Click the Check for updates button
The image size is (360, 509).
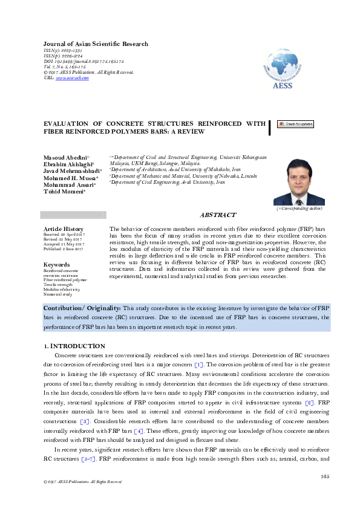coord(295,124)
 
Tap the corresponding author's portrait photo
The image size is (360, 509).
coord(299,182)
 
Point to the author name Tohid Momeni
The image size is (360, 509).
coord(64,192)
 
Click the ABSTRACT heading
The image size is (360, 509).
coord(218,215)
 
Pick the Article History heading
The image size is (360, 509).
coord(64,229)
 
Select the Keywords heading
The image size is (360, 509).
coord(57,265)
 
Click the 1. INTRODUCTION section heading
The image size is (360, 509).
coord(75,346)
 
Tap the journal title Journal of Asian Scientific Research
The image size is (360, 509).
coord(96,44)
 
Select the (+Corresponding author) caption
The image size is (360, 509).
coord(299,208)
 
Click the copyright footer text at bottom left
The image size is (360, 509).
coord(79,482)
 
